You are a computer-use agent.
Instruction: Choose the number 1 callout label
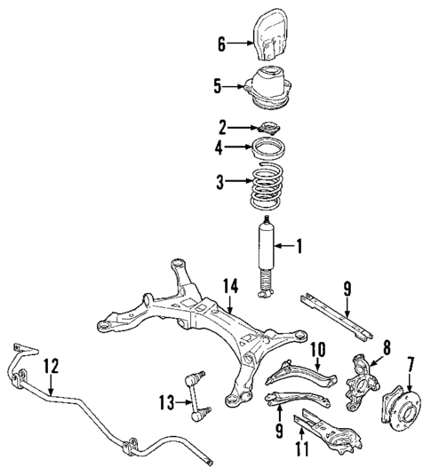tap(299, 246)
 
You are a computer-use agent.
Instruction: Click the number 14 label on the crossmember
tap(230, 285)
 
